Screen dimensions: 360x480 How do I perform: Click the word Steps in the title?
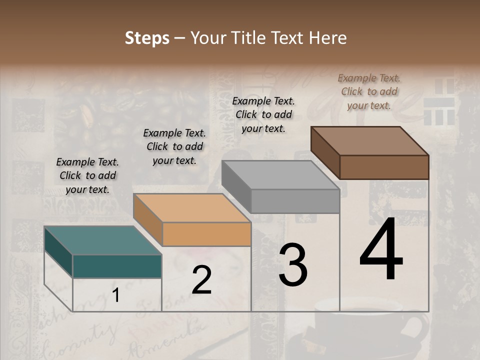[147, 38]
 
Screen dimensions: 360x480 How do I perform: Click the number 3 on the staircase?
[292, 265]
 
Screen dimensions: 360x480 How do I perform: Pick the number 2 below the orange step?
[201, 280]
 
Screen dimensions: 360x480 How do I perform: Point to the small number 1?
[115, 295]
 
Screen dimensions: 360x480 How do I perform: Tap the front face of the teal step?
[117, 266]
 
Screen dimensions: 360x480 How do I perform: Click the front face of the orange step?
[206, 234]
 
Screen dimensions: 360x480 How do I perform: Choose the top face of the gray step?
[280, 175]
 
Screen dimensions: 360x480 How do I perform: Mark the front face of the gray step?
[295, 201]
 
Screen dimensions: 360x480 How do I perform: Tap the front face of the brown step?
[384, 167]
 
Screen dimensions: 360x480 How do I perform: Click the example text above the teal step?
[87, 175]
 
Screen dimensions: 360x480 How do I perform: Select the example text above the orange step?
[174, 146]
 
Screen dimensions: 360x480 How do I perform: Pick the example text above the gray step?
[263, 114]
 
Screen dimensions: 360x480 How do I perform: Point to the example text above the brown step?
[369, 91]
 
